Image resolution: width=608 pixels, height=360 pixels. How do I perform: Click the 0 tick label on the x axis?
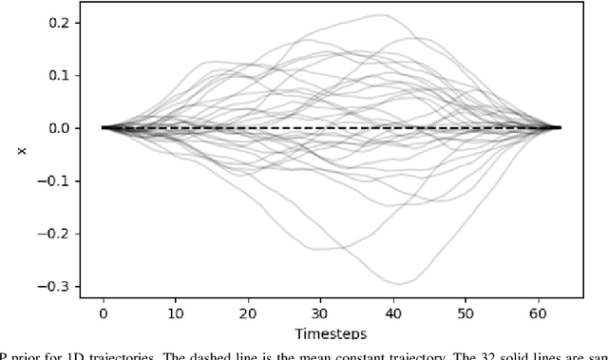click(103, 311)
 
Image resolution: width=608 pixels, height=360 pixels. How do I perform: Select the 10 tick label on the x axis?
click(175, 311)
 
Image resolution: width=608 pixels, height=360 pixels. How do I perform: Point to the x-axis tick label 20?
click(247, 311)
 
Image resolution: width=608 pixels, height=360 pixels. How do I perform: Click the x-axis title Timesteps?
click(332, 332)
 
